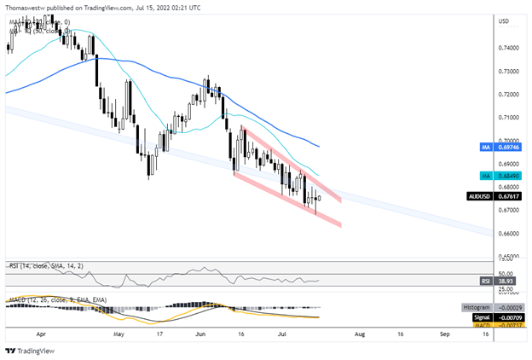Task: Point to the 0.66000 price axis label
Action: pos(510,233)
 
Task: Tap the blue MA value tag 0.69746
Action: pos(509,148)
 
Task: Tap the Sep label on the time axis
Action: pos(445,335)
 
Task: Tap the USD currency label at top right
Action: pos(503,20)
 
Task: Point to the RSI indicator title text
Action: pos(34,266)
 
